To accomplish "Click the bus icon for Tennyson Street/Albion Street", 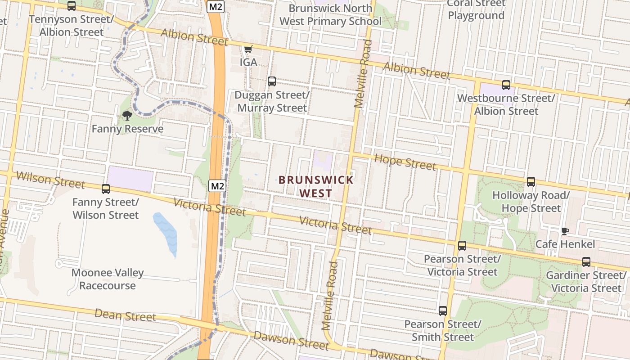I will pos(72,6).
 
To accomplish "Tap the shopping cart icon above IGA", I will pos(248,49).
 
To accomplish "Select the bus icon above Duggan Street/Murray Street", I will pos(272,81).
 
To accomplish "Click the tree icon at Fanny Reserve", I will pos(127,116).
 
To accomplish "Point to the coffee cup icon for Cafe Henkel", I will pos(565,231).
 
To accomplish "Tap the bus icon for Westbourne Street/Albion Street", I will pos(506,85).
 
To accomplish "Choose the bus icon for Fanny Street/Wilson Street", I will pos(106,189).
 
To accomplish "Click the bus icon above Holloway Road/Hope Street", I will pos(531,182).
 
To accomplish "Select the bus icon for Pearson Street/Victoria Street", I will pos(462,246).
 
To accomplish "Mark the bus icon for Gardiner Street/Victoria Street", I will pos(586,262).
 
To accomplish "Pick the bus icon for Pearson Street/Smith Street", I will pos(443,311).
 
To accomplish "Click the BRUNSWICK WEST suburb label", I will pos(316,186).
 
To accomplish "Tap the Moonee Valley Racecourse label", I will pos(108,279).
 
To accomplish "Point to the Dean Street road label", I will pos(125,315).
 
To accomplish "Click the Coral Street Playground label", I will pos(476,9).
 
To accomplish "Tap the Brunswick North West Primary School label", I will pos(330,14).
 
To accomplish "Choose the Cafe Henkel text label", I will pos(565,244).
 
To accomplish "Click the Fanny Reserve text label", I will pos(127,129).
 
